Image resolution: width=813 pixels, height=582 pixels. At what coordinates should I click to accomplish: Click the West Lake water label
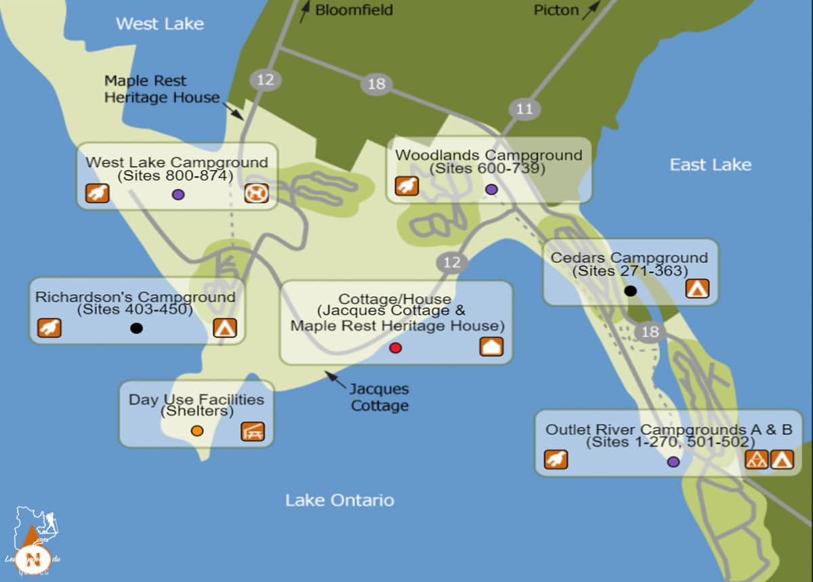click(160, 24)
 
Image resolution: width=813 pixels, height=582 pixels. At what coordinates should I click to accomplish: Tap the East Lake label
click(710, 165)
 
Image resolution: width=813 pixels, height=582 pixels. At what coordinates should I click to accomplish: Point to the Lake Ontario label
click(339, 501)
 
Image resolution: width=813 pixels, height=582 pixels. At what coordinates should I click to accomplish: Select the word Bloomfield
click(354, 9)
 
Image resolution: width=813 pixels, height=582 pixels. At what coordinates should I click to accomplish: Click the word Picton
click(556, 9)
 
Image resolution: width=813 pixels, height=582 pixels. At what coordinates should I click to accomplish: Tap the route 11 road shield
click(524, 109)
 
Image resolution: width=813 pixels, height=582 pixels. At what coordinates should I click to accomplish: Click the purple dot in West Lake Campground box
click(178, 194)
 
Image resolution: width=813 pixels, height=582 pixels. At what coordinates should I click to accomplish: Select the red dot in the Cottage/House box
click(396, 348)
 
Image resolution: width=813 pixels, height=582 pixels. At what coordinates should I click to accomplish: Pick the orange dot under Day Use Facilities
click(197, 431)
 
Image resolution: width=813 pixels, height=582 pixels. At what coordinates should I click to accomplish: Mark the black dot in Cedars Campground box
click(630, 291)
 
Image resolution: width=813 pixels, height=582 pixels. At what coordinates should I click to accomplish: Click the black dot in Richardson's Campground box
click(136, 328)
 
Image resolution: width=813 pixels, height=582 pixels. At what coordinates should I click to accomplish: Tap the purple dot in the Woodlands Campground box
click(491, 189)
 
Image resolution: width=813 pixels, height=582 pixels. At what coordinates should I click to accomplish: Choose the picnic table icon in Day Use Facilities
click(253, 432)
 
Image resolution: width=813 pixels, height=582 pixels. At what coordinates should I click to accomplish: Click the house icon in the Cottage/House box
click(491, 346)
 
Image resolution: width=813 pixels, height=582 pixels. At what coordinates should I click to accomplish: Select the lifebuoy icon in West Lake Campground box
click(256, 194)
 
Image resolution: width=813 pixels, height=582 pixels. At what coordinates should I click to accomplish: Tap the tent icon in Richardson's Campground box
click(225, 328)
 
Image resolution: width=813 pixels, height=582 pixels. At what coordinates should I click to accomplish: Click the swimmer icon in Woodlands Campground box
click(406, 186)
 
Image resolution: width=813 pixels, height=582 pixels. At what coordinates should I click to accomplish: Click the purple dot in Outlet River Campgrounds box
click(673, 461)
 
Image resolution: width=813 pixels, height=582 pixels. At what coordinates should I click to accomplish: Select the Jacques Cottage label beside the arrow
click(379, 398)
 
